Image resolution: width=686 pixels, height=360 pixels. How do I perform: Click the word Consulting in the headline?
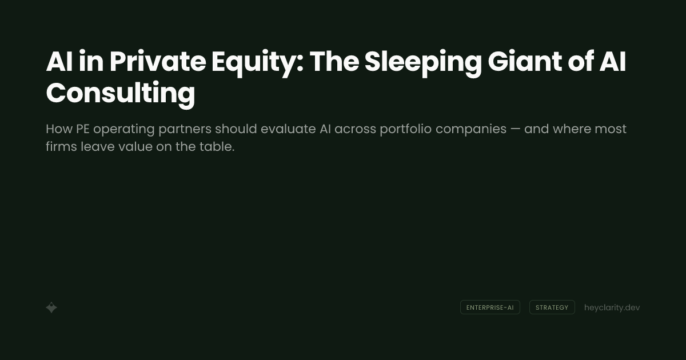coord(120,93)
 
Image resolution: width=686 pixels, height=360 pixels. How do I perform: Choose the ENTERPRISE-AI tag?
coord(490,307)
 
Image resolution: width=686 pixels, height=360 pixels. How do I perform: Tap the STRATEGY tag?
coord(552,307)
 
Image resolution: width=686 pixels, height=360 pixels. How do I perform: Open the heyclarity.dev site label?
coord(612,307)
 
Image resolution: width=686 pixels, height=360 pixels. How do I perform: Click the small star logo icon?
coord(51,307)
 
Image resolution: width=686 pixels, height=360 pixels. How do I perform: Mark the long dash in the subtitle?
coord(515,129)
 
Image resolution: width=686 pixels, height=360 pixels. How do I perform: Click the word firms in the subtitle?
coord(59,147)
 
